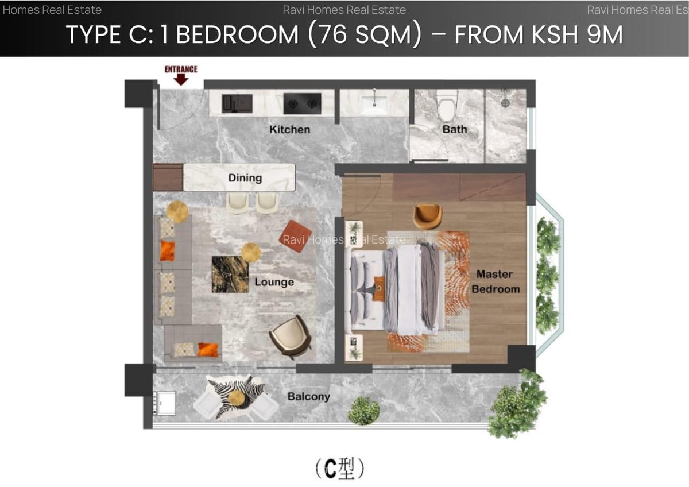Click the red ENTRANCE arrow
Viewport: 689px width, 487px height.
pyautogui.click(x=181, y=79)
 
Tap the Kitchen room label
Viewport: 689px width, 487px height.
pyautogui.click(x=289, y=130)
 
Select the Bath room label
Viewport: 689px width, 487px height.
pyautogui.click(x=454, y=129)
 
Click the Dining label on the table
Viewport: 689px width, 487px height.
pyautogui.click(x=245, y=178)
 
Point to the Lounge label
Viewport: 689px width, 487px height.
pyautogui.click(x=274, y=282)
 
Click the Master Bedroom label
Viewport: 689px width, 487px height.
pyautogui.click(x=496, y=281)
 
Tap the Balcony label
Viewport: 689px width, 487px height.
pyautogui.click(x=308, y=396)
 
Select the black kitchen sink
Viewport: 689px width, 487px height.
pyautogui.click(x=237, y=103)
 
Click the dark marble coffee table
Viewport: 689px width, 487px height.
pyautogui.click(x=230, y=274)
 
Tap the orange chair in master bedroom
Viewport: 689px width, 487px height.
pyautogui.click(x=428, y=216)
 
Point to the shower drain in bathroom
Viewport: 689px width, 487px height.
pyautogui.click(x=505, y=103)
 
